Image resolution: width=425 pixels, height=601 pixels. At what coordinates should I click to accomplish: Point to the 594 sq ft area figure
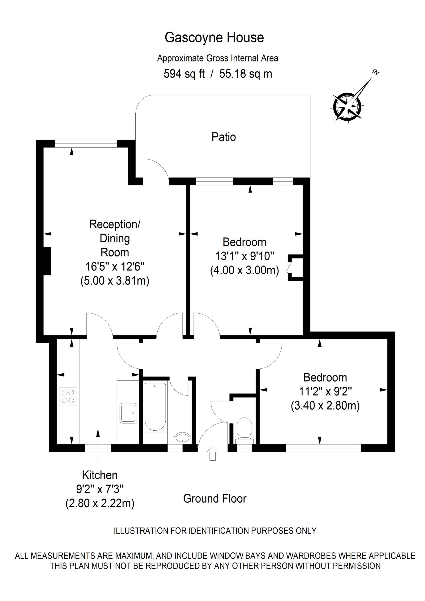coord(184,74)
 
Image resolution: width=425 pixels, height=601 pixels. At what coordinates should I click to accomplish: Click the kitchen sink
coord(128,413)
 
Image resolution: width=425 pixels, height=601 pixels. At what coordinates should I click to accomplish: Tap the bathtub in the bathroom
coord(155,406)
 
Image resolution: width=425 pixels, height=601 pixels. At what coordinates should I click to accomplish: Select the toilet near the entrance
coord(244,429)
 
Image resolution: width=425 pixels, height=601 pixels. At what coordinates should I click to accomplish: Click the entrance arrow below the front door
coord(212,453)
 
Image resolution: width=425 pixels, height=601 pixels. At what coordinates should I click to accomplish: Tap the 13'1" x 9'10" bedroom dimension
coord(244,256)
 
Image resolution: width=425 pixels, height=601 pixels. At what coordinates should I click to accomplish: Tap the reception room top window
coord(86,144)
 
